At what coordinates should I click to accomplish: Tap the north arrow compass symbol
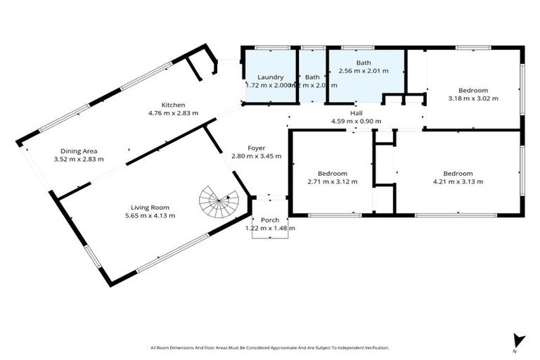coord(519,340)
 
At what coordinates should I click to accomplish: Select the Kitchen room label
coord(173,105)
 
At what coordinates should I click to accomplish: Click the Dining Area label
coord(79,150)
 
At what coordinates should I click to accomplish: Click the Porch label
coord(270,220)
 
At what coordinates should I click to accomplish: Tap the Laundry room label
coord(270,77)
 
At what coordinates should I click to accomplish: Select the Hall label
coord(356,113)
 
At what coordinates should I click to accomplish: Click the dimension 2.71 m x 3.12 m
coord(332,181)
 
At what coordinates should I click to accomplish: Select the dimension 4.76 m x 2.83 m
coord(173,112)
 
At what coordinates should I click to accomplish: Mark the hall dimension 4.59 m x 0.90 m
coord(356,121)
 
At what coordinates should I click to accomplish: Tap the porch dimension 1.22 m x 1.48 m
coord(270,228)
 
